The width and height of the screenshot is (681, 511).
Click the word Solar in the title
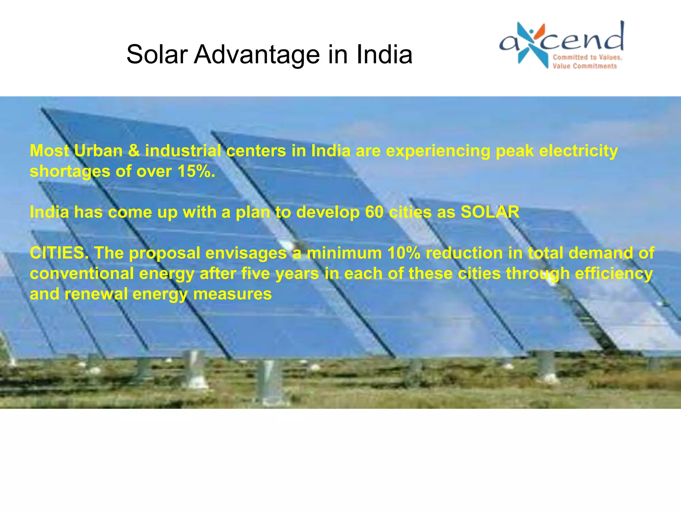coord(157,55)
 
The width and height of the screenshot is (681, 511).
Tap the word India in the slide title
coord(384,55)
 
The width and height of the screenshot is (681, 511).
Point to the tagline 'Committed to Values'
coord(587,57)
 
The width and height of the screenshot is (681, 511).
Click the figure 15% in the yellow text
coord(196,172)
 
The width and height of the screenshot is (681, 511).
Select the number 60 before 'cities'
coord(374,212)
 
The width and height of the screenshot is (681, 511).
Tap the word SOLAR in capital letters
coord(490,212)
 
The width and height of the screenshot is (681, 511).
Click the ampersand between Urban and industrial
coord(134,151)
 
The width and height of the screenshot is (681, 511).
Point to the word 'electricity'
coord(578,151)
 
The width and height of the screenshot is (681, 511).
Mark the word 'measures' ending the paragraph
coord(232,294)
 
